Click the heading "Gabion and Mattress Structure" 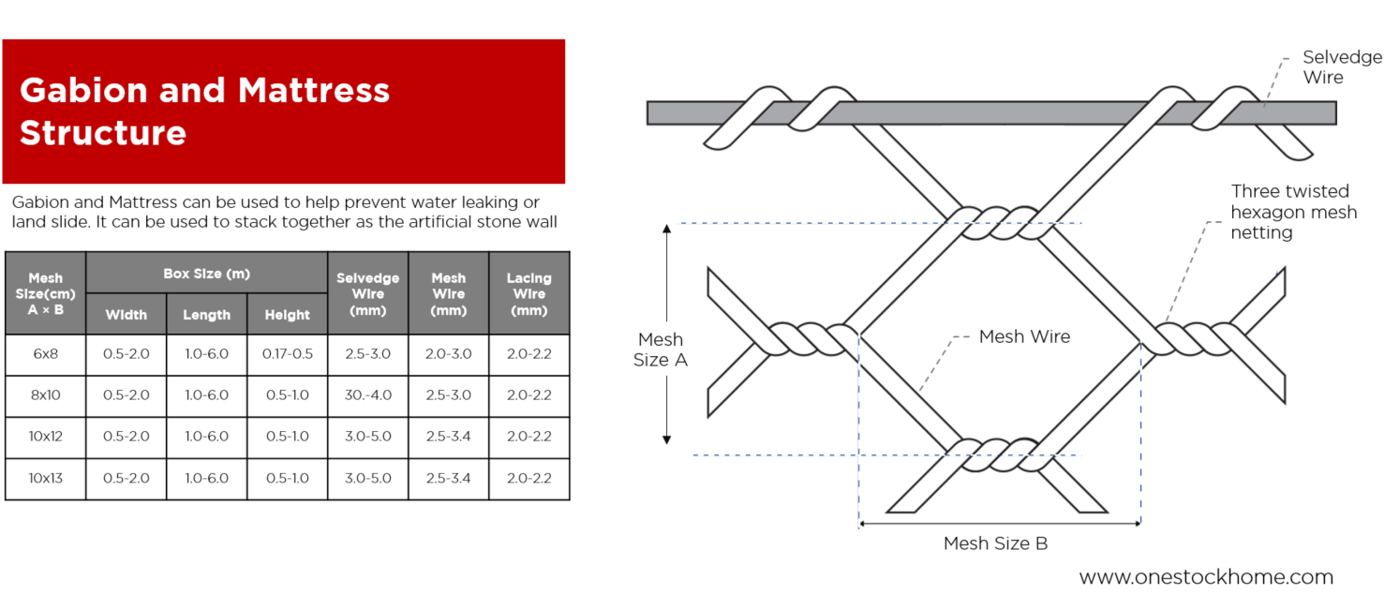(204, 111)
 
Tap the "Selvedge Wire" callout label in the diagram (1342, 67)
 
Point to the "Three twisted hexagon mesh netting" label (1293, 212)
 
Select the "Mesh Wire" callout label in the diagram (1023, 336)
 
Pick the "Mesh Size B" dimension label (995, 543)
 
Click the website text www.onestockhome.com (1206, 577)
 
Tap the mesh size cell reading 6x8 (45, 354)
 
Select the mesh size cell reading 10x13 (45, 478)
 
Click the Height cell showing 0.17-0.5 (288, 354)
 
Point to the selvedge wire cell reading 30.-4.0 (367, 395)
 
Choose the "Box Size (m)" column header (206, 273)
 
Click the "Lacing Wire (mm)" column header (528, 292)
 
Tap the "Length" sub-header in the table (206, 315)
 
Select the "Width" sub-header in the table (126, 315)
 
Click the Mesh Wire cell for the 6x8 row (448, 354)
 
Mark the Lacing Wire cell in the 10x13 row (528, 478)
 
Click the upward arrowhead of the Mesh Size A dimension (667, 230)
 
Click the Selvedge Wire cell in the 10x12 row (367, 437)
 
